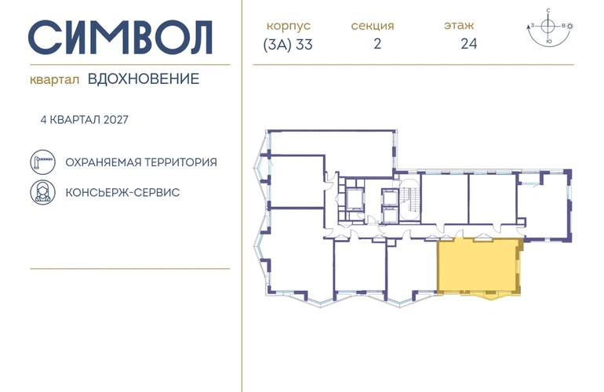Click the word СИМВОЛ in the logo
tap(120, 38)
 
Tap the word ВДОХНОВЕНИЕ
tap(144, 79)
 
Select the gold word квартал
tap(54, 80)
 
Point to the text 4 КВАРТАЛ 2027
tap(85, 120)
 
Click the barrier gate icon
tap(43, 162)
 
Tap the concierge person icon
tap(43, 192)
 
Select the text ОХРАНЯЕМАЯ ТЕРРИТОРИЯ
tap(141, 162)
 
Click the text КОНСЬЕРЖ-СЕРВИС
tap(122, 192)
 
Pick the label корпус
tap(289, 26)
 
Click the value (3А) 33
tap(288, 45)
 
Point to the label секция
tap(373, 26)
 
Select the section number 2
tap(377, 44)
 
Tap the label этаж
tap(459, 25)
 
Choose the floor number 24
tap(469, 44)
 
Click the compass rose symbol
tap(548, 26)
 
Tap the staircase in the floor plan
tap(409, 201)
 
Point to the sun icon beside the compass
tap(570, 26)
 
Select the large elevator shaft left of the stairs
tap(355, 199)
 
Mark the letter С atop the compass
tap(548, 11)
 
